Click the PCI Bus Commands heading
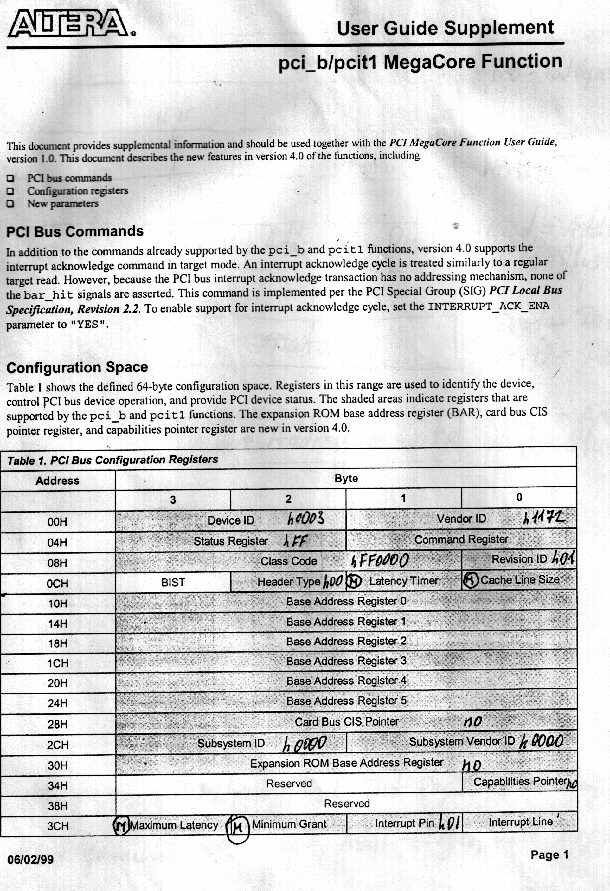click(x=75, y=232)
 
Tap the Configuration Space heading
click(x=77, y=367)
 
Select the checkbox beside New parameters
click(x=11, y=203)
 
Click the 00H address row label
click(x=57, y=522)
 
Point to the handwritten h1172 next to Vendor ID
click(x=544, y=518)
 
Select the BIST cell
click(x=173, y=582)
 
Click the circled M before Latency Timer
click(x=354, y=582)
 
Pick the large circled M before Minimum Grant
click(x=238, y=828)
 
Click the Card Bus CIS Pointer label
click(x=347, y=721)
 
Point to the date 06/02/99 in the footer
click(x=30, y=859)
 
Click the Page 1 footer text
click(x=549, y=855)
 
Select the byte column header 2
click(x=288, y=499)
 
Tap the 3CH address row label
click(x=57, y=826)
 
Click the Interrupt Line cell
click(x=520, y=822)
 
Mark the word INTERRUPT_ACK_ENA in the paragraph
click(x=488, y=306)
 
